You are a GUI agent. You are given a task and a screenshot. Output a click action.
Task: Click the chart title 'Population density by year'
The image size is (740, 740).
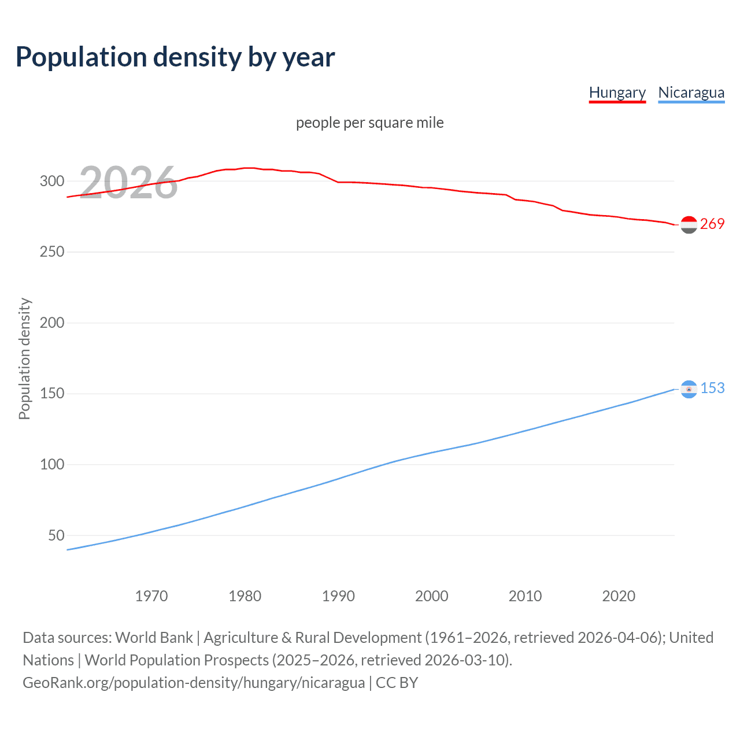coord(175,57)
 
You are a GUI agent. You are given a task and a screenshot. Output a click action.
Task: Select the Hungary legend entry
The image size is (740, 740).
coord(617,92)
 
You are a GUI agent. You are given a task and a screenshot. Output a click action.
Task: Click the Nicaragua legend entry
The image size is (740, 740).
coord(691,92)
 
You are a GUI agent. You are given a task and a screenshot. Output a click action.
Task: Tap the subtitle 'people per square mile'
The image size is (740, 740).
coord(370,123)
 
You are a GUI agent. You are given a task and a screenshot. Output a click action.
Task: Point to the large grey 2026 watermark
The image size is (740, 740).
coord(128,183)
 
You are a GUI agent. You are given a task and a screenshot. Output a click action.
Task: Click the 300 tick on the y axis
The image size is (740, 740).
coord(52,181)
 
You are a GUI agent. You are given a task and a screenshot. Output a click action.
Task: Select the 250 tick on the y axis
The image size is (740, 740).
coord(52,252)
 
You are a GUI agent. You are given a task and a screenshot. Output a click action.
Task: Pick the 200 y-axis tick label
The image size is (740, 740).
coord(52,323)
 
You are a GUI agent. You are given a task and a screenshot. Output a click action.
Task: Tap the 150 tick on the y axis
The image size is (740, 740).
coord(52,394)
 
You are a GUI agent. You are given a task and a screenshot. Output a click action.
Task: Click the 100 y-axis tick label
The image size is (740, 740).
coord(52,464)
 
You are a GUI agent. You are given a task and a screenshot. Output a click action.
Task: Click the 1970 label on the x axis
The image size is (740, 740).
coord(151,596)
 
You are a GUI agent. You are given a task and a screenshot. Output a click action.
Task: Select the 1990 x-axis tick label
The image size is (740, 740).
coord(338,596)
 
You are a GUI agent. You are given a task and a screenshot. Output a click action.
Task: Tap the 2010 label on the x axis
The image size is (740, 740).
coord(525,596)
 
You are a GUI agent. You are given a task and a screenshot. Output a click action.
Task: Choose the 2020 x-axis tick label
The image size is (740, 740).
coord(619,596)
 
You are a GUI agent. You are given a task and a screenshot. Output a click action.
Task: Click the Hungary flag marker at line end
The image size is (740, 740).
coord(689,225)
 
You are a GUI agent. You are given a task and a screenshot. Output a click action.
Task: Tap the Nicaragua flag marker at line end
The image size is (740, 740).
coord(689,389)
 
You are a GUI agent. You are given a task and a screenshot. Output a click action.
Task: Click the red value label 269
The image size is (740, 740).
coord(712,224)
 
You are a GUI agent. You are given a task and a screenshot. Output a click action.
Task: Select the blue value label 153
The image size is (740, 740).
coord(712,388)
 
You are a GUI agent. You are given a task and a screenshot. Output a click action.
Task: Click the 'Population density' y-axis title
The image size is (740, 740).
coord(24,358)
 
